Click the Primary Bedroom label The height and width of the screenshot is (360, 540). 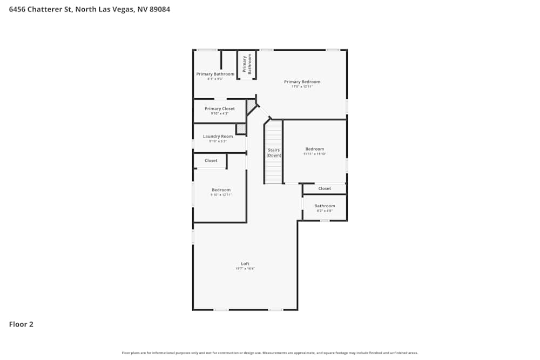(302, 82)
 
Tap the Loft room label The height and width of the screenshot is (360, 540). (245, 264)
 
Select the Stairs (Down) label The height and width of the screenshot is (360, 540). (274, 153)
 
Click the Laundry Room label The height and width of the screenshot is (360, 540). (218, 137)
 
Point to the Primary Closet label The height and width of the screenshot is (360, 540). (220, 109)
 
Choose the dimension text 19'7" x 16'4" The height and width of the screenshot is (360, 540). (245, 269)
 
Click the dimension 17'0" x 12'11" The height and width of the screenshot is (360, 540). (302, 87)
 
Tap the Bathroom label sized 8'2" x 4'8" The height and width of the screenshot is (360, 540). (325, 206)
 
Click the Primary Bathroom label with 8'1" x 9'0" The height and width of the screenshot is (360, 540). (215, 74)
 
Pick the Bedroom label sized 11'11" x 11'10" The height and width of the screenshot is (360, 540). (315, 149)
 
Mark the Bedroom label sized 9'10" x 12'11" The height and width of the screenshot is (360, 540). (221, 190)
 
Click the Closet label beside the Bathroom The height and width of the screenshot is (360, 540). (325, 188)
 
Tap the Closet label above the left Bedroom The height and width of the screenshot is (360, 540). (211, 160)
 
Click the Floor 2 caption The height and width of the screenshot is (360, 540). (21, 324)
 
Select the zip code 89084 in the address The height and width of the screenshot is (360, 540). (159, 9)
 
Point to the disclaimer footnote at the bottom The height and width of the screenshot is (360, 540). (270, 353)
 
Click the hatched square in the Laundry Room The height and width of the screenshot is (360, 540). (241, 129)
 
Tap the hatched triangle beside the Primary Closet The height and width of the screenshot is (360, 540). (251, 106)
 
